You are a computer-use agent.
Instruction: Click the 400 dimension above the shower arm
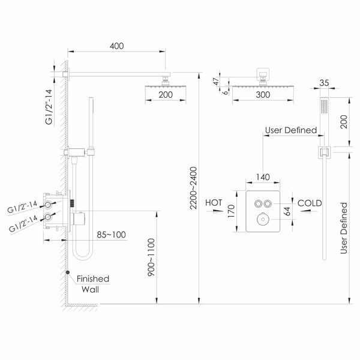[116, 46]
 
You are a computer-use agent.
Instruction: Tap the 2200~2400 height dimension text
[194, 188]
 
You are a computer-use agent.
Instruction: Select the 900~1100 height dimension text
[151, 257]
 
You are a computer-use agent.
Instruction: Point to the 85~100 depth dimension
[112, 235]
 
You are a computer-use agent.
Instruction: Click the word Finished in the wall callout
[93, 279]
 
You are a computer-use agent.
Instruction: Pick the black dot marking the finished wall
[68, 272]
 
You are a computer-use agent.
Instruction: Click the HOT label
[214, 203]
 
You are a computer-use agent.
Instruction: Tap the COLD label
[310, 203]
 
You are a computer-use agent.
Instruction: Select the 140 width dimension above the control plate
[263, 177]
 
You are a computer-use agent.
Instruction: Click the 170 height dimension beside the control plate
[231, 211]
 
